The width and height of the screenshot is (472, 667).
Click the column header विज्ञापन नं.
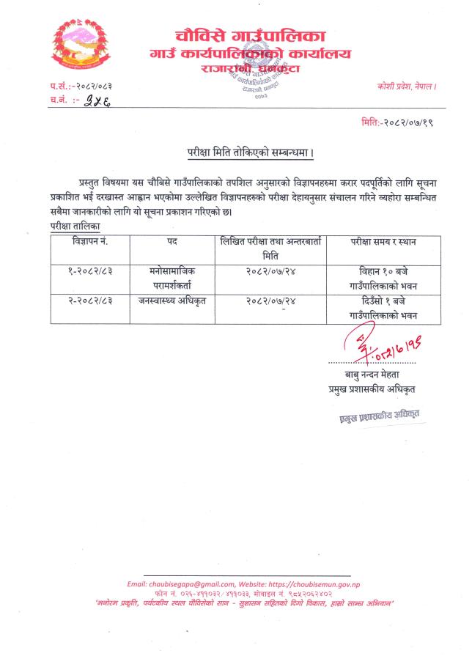click(x=89, y=241)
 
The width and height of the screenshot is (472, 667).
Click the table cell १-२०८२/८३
click(x=89, y=270)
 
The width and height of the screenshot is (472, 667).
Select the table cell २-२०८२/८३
click(x=89, y=299)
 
